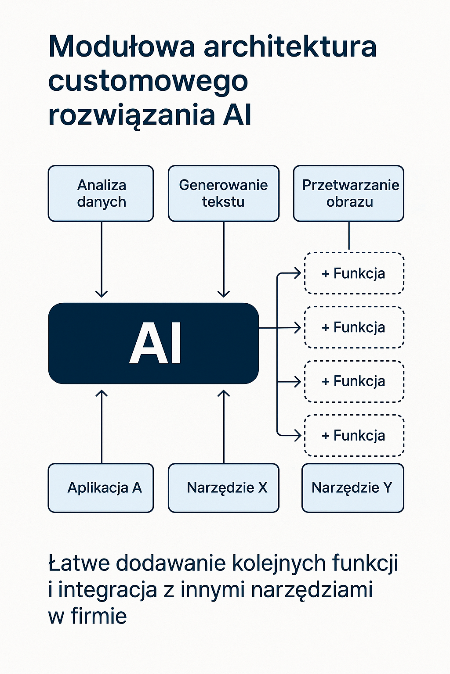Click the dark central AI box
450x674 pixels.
[153, 343]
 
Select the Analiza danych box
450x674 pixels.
[101, 194]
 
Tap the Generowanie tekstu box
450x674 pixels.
[223, 194]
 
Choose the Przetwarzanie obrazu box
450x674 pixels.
[348, 194]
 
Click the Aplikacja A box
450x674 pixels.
[101, 488]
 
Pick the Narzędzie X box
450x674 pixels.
[223, 488]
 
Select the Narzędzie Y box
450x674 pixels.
[352, 488]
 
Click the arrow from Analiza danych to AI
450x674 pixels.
[102, 259]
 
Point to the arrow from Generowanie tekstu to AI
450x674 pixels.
[224, 259]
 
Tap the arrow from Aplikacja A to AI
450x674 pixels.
[102, 426]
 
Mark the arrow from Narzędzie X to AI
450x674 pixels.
[224, 426]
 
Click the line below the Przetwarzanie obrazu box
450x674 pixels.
[349, 236]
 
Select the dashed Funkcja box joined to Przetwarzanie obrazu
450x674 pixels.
[354, 273]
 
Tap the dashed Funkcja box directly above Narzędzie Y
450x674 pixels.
[354, 435]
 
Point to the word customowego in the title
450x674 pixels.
[148, 82]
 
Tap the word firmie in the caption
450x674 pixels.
[99, 616]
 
